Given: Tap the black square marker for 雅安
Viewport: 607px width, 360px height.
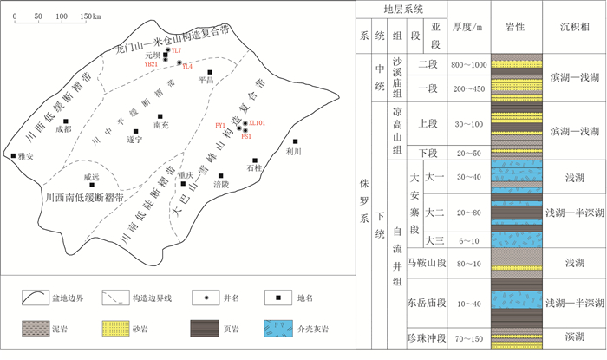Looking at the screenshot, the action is coord(14,156).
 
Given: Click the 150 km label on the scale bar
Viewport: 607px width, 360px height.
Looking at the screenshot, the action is coord(88,16).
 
